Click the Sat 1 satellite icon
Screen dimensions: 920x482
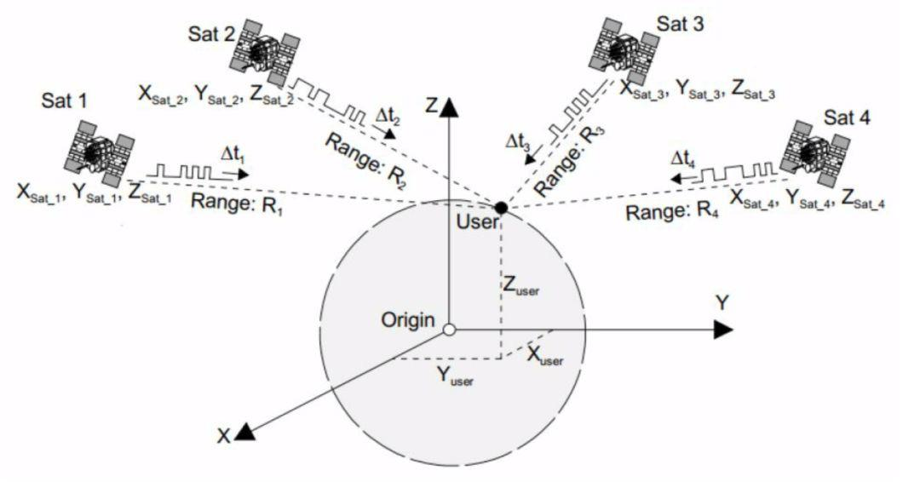tap(99, 152)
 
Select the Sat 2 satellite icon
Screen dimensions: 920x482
tap(264, 52)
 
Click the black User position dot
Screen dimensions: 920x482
tap(501, 208)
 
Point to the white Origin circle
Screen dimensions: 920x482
tap(449, 330)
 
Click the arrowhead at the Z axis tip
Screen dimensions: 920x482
tap(449, 106)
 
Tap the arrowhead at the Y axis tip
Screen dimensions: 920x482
tap(724, 330)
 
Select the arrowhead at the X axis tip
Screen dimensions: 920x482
tap(245, 432)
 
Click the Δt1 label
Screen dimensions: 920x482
tap(233, 155)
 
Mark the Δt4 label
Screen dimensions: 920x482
tap(683, 158)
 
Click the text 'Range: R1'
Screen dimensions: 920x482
tap(237, 204)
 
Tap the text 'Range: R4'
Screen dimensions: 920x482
tap(672, 210)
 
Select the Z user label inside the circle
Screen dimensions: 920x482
tap(521, 285)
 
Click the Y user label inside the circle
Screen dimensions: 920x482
tap(455, 376)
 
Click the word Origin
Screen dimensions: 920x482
tap(408, 320)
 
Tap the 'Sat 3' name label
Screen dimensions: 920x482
tap(680, 24)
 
